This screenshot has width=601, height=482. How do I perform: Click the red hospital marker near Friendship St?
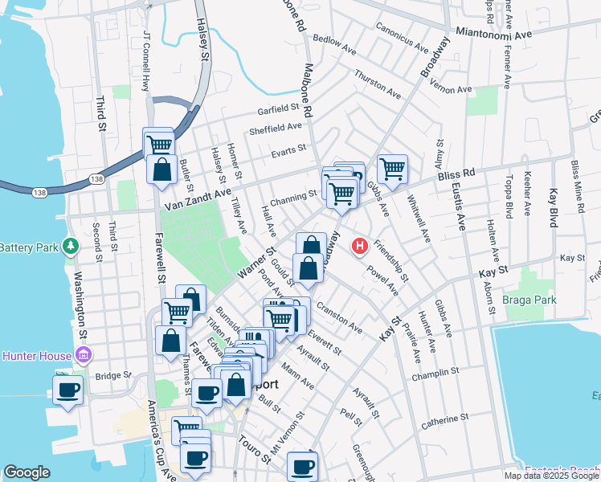pos(361,246)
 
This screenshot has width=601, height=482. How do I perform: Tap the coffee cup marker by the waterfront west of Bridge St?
pos(67,391)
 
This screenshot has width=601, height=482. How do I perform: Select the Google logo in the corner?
pos(27,472)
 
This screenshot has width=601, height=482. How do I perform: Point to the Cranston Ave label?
pos(340,318)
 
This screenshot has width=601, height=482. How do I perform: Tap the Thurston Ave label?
pos(378,85)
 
